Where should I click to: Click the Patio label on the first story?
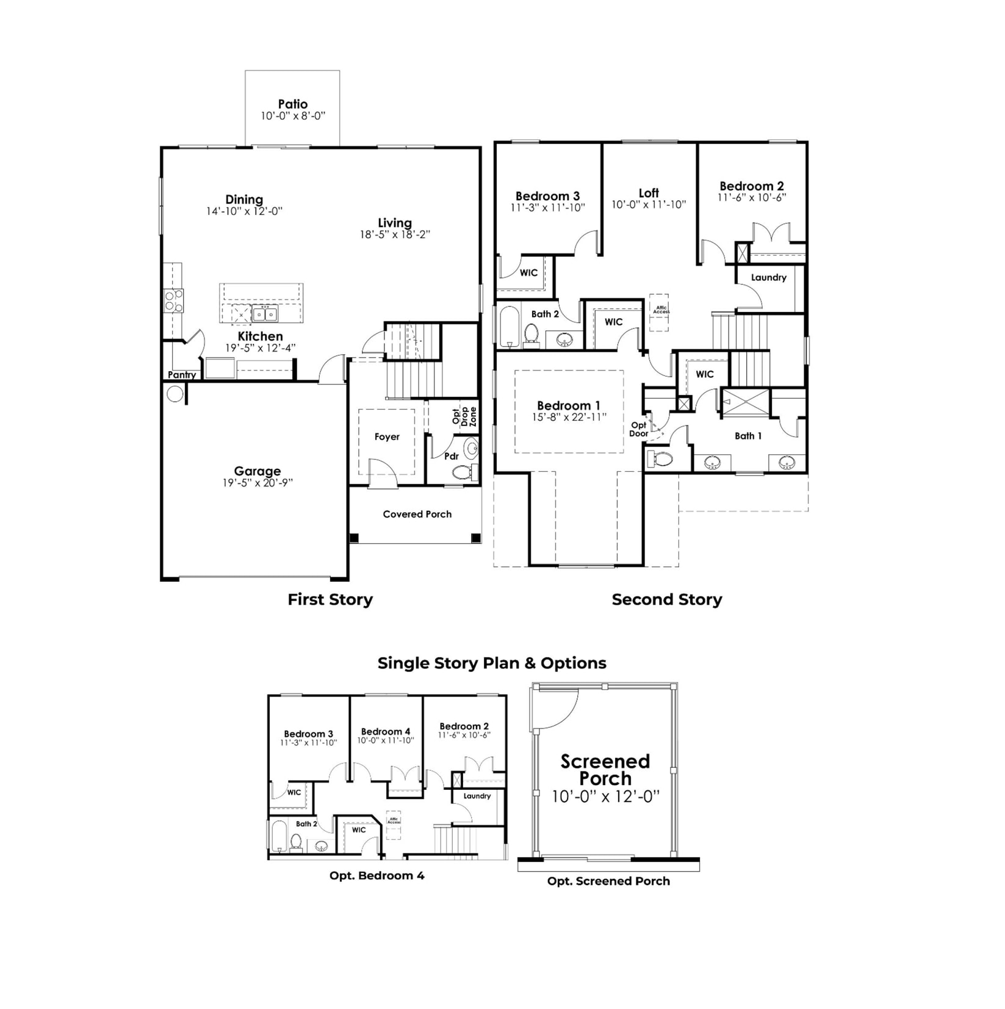pyautogui.click(x=292, y=104)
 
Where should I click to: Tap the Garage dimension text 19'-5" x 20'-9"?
pyautogui.click(x=257, y=483)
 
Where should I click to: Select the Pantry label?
pyautogui.click(x=182, y=375)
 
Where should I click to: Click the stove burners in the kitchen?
pyautogui.click(x=173, y=301)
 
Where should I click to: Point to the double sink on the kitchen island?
pyautogui.click(x=265, y=314)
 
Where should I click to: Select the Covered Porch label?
pyautogui.click(x=417, y=514)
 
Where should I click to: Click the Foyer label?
pyautogui.click(x=387, y=436)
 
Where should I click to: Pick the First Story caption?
pyautogui.click(x=330, y=599)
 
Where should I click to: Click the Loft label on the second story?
pyautogui.click(x=648, y=193)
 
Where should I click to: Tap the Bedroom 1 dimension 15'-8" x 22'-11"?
pyautogui.click(x=568, y=418)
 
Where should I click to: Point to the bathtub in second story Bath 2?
pyautogui.click(x=508, y=327)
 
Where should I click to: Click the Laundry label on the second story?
pyautogui.click(x=768, y=277)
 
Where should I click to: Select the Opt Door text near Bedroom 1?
pyautogui.click(x=638, y=429)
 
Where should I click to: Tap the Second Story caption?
pyautogui.click(x=666, y=599)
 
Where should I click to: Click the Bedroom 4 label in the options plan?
pyautogui.click(x=385, y=731)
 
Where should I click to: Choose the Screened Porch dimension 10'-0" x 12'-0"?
pyautogui.click(x=605, y=797)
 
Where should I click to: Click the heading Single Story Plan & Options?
pyautogui.click(x=491, y=663)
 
